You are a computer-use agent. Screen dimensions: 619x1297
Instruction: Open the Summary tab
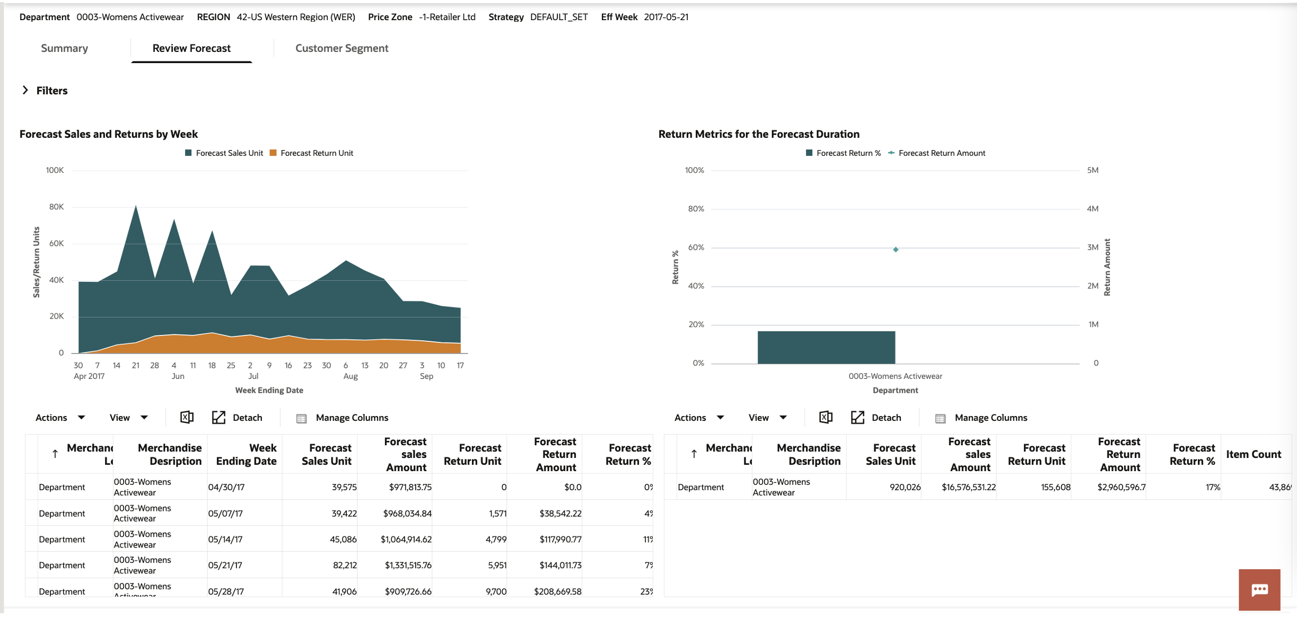pyautogui.click(x=64, y=48)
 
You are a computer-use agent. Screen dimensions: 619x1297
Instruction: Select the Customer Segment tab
pyautogui.click(x=341, y=48)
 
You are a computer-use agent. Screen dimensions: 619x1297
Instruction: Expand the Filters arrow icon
pyautogui.click(x=25, y=90)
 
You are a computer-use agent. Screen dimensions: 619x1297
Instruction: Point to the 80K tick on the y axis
pyautogui.click(x=56, y=207)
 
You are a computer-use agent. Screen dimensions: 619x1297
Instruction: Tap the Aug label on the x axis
pyautogui.click(x=350, y=376)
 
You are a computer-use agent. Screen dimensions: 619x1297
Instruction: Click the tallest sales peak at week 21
pyautogui.click(x=136, y=207)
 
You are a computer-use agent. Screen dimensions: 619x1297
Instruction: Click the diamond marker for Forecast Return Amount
pyautogui.click(x=896, y=250)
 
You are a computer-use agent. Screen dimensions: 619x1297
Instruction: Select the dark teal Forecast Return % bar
pyautogui.click(x=826, y=347)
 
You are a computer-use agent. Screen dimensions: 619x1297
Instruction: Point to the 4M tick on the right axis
pyautogui.click(x=1092, y=209)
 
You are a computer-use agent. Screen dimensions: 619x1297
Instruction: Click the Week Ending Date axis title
pyautogui.click(x=269, y=391)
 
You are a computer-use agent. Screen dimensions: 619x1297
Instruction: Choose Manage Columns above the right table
pyautogui.click(x=990, y=418)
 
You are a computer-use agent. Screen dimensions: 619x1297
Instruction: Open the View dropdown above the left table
pyautogui.click(x=128, y=418)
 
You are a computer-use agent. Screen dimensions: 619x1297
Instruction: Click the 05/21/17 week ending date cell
pyautogui.click(x=225, y=565)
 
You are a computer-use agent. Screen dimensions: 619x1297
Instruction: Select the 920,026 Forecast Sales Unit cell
pyautogui.click(x=905, y=487)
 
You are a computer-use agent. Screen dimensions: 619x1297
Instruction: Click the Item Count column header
pyautogui.click(x=1253, y=454)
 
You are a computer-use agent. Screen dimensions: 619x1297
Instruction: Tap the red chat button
pyautogui.click(x=1259, y=589)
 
